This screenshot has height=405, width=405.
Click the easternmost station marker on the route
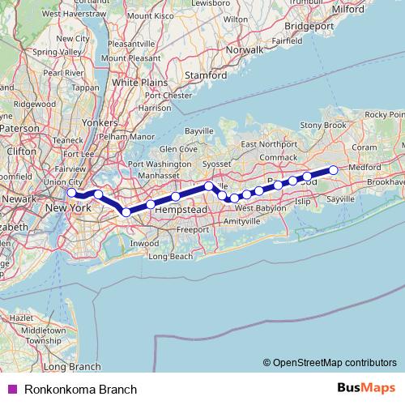click(x=333, y=169)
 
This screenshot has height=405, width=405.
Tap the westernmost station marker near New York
click(x=72, y=193)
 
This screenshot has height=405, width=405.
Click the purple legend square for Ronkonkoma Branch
click(x=12, y=390)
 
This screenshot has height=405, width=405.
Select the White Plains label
click(x=138, y=83)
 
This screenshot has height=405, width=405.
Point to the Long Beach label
click(x=170, y=257)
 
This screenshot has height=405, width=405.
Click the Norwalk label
click(x=245, y=49)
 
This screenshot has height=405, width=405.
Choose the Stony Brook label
click(x=323, y=126)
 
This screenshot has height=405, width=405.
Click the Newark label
click(x=19, y=198)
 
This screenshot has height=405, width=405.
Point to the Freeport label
click(x=192, y=229)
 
